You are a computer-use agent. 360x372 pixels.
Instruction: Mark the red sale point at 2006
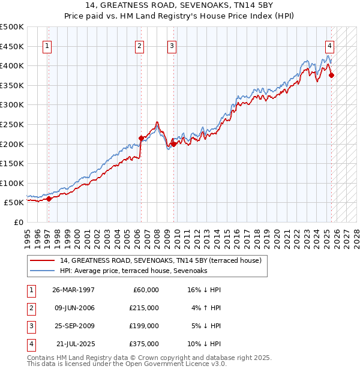point(142,138)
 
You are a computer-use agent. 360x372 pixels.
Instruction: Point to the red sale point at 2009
point(173,144)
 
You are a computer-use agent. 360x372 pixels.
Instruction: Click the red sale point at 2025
point(332,75)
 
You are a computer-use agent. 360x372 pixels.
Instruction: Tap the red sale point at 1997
point(49,199)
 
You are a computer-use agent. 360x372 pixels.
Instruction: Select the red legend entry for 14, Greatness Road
point(160,261)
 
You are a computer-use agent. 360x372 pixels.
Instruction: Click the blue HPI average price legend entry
point(133,271)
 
